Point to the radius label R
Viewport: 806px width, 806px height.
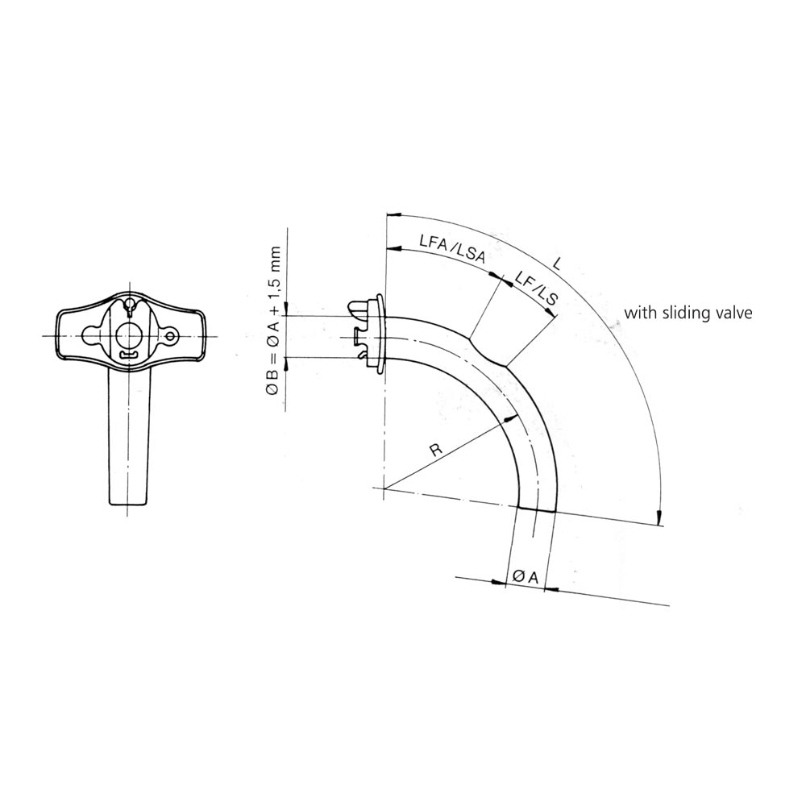coord(436,450)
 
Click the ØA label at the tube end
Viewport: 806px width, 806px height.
coord(525,577)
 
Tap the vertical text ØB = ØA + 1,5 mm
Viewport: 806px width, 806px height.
coord(273,321)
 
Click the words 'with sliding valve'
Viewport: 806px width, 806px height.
coord(688,313)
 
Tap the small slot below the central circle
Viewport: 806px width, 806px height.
coord(127,355)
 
